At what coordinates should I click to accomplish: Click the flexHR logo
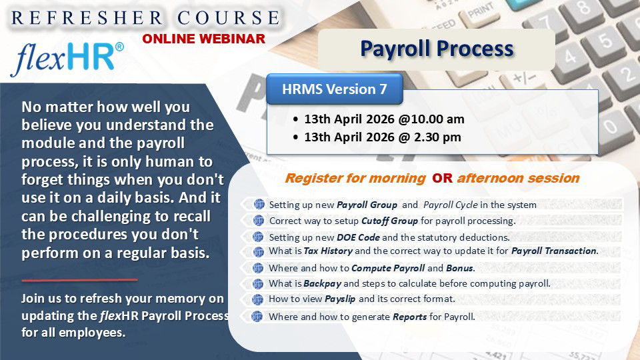(x=67, y=59)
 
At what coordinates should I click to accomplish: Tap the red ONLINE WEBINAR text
(x=203, y=39)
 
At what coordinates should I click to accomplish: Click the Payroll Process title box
(x=437, y=49)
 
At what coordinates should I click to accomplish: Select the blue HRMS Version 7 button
(x=334, y=89)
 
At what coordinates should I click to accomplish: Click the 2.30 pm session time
(x=437, y=138)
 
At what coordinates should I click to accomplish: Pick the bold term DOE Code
(x=359, y=237)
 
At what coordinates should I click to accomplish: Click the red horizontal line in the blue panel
(x=79, y=279)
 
